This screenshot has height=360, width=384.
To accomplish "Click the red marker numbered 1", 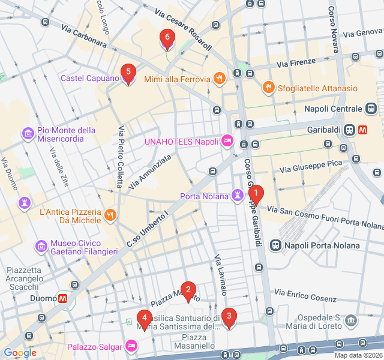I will click(x=256, y=194).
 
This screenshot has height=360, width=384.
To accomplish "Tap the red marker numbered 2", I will click(x=188, y=291).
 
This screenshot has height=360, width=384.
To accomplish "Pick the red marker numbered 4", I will click(x=144, y=318).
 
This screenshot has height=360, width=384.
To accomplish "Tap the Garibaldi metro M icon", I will click(x=364, y=129).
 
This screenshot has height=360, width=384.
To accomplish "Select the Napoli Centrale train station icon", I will click(x=372, y=109).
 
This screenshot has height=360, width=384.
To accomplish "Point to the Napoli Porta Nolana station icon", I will click(x=275, y=245).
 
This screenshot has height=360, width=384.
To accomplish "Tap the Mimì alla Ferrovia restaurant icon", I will click(x=220, y=79).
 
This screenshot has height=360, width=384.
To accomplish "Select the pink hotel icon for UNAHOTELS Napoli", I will click(x=227, y=142).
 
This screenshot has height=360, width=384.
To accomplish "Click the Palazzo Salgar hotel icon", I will click(x=131, y=346).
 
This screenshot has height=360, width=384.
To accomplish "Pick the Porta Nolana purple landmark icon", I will click(x=238, y=196).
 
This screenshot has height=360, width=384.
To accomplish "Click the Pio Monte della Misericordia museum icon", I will click(x=28, y=133).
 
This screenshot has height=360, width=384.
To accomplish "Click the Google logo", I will click(x=20, y=353).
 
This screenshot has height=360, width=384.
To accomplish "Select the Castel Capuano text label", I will click(x=89, y=79).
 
